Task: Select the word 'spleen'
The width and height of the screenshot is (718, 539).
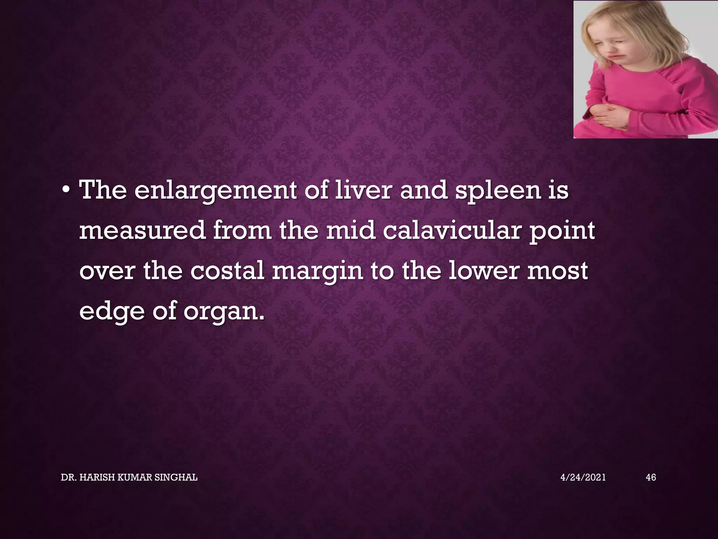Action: (498, 191)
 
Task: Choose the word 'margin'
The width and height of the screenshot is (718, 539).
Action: (317, 272)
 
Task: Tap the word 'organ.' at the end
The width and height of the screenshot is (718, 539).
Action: (224, 312)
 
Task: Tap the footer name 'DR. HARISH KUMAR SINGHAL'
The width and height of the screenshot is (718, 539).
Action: (129, 477)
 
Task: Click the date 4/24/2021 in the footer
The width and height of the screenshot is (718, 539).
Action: (583, 477)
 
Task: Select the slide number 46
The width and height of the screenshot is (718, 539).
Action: (651, 477)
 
